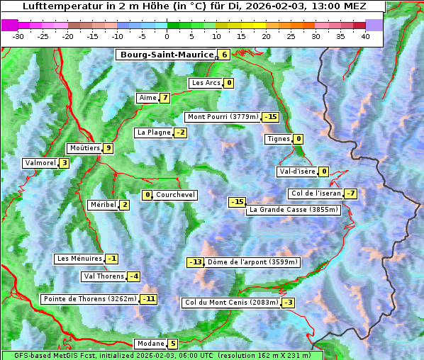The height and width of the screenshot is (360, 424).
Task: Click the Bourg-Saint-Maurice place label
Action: (167, 55)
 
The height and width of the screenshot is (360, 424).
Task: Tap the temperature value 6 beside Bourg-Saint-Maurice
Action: (224, 55)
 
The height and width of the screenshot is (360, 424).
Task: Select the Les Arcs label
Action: (207, 83)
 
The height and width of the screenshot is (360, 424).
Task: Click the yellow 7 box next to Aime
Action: (164, 98)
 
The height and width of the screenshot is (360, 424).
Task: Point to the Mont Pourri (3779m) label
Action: (223, 117)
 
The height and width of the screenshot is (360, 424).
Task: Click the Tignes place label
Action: (278, 139)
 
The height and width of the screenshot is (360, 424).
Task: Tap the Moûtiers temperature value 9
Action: (108, 148)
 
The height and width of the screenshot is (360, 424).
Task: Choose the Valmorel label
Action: (40, 163)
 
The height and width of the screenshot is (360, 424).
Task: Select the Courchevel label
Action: (175, 195)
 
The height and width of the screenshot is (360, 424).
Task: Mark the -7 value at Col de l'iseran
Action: (350, 193)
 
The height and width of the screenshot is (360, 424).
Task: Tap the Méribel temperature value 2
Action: (124, 205)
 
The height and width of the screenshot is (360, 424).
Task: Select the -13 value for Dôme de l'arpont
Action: (195, 262)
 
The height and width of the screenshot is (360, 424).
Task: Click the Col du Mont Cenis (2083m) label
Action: (231, 303)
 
